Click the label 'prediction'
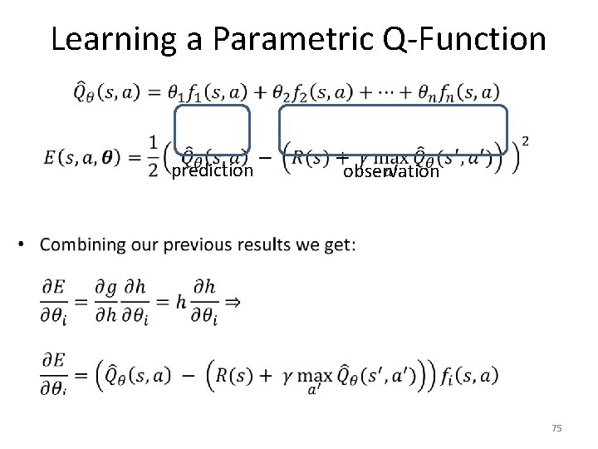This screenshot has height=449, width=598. pyautogui.click(x=212, y=171)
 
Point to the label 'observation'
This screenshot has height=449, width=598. pyautogui.click(x=390, y=172)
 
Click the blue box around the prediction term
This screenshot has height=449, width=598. pyautogui.click(x=212, y=106)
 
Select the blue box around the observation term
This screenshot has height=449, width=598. pyautogui.click(x=393, y=106)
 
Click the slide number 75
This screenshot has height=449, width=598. pyautogui.click(x=556, y=427)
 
